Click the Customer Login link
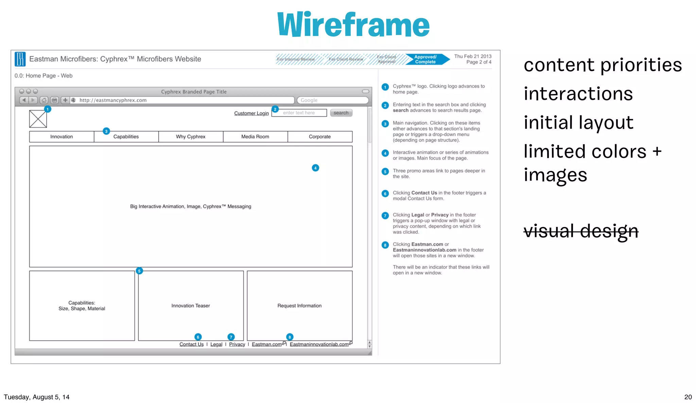click(x=251, y=113)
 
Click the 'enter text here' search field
click(x=299, y=113)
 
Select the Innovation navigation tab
click(x=62, y=137)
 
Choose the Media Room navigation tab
click(x=255, y=137)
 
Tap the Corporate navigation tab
click(x=320, y=137)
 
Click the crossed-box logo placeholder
click(x=38, y=119)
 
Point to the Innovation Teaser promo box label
click(x=191, y=306)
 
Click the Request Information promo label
click(x=299, y=306)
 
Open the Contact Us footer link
click(x=191, y=344)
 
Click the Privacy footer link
click(x=237, y=344)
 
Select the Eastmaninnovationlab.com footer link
click(x=319, y=344)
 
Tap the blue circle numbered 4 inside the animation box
click(x=315, y=168)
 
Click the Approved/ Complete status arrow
click(x=426, y=60)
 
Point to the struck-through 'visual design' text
click(x=581, y=231)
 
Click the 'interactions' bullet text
click(x=578, y=94)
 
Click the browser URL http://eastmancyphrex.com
click(x=113, y=100)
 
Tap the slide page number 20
click(x=688, y=397)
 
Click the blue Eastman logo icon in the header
click(x=20, y=59)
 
